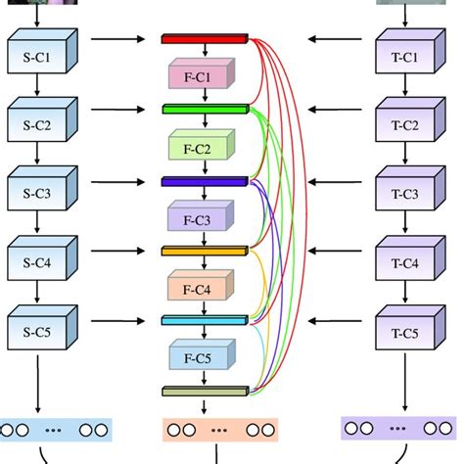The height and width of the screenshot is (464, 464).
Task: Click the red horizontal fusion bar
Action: click(x=204, y=40)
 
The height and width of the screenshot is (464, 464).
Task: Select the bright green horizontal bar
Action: click(x=204, y=110)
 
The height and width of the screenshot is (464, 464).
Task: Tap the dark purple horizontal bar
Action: click(x=204, y=180)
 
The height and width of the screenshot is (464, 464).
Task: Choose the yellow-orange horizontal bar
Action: click(x=204, y=251)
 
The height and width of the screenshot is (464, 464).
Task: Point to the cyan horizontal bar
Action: click(x=204, y=320)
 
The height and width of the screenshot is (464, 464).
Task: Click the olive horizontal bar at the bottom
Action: click(x=204, y=391)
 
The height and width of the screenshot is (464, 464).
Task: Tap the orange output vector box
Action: click(x=219, y=429)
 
